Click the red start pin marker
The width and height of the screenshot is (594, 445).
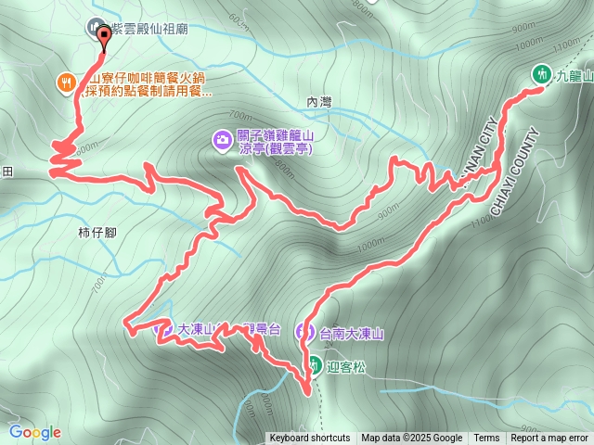click(x=102, y=36)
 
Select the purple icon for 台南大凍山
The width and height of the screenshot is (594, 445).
click(x=304, y=332)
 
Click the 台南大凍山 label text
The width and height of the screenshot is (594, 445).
click(x=351, y=333)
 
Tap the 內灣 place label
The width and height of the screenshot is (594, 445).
click(x=318, y=103)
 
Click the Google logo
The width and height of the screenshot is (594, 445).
click(x=35, y=432)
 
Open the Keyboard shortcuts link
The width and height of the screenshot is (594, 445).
click(x=310, y=439)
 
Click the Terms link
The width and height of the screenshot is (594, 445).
click(x=486, y=439)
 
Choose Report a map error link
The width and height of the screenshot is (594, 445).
click(x=549, y=439)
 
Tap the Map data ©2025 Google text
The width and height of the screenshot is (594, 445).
click(x=412, y=439)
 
